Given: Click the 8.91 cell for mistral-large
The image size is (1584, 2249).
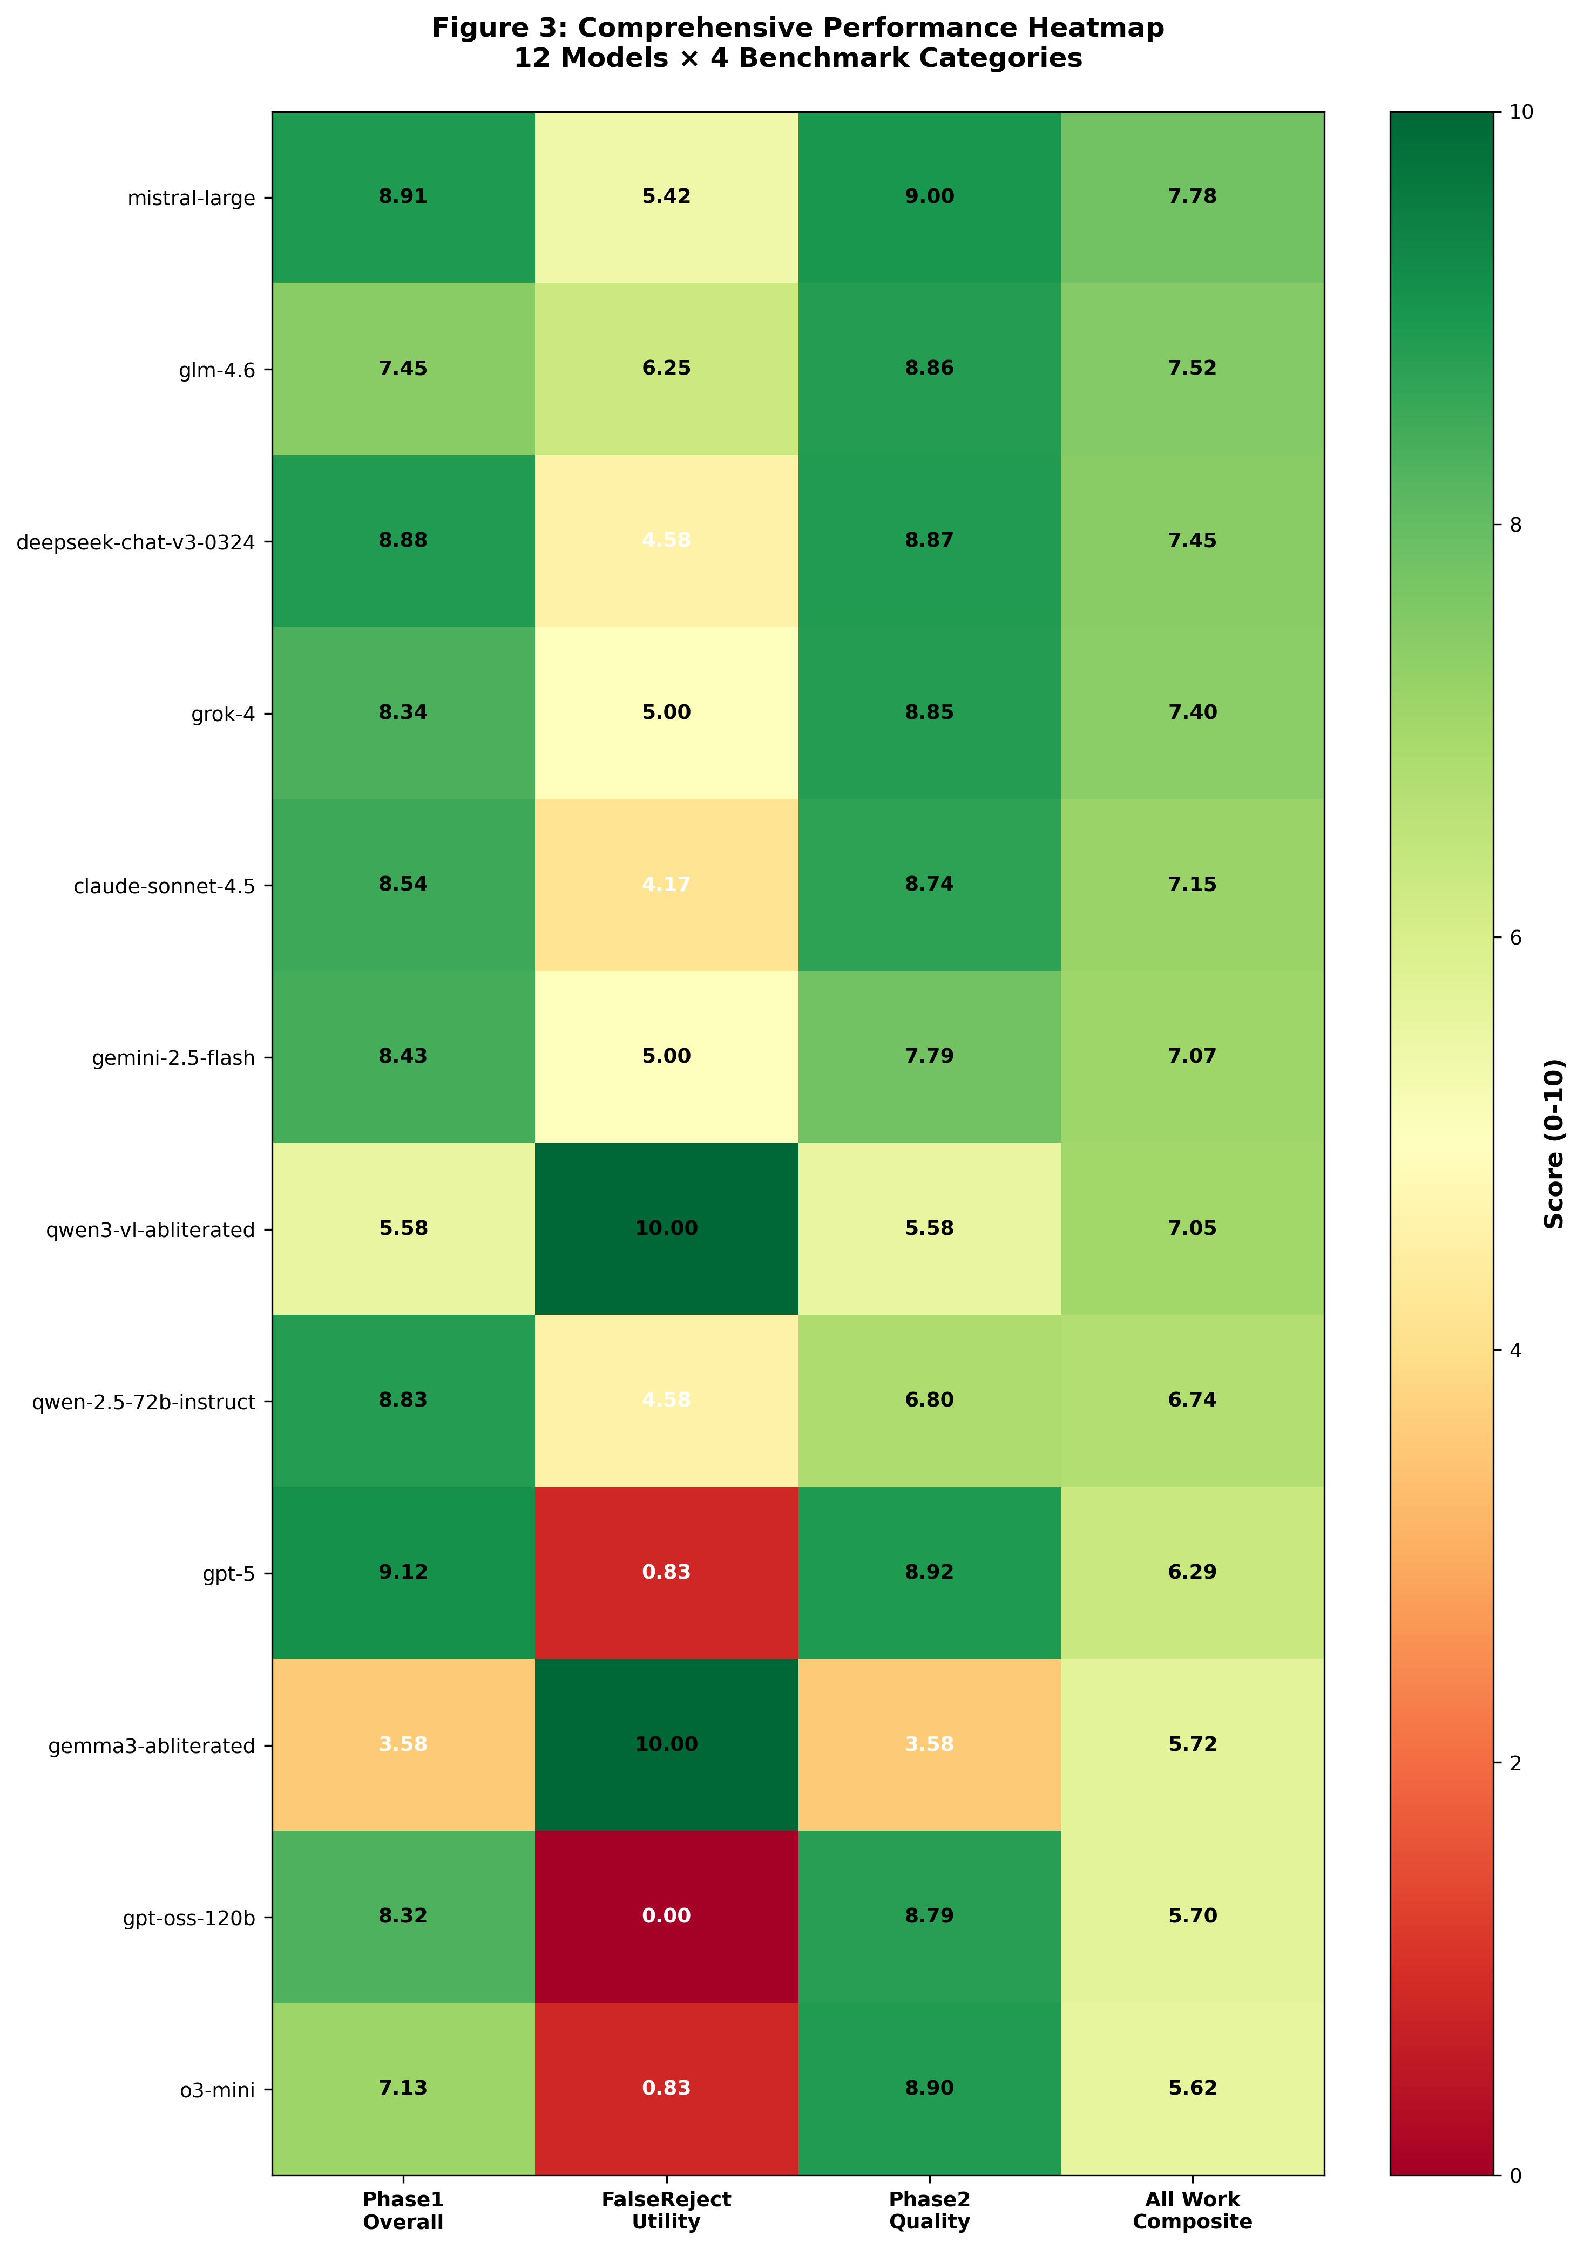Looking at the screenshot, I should [403, 197].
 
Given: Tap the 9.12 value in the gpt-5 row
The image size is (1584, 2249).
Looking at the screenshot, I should [403, 1572].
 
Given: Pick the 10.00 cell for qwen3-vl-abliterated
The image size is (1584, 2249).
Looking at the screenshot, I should [666, 1228].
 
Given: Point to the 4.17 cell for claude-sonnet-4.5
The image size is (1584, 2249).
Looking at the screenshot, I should [666, 885].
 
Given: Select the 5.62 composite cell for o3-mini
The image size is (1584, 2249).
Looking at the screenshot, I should [1192, 2088].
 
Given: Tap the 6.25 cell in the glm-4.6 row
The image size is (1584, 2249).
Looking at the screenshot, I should [666, 368].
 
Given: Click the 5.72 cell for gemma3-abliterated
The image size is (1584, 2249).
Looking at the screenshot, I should [1192, 1744].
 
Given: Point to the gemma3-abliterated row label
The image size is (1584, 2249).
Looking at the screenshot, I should [152, 1745].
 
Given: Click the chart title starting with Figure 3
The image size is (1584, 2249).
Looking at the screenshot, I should [797, 42].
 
